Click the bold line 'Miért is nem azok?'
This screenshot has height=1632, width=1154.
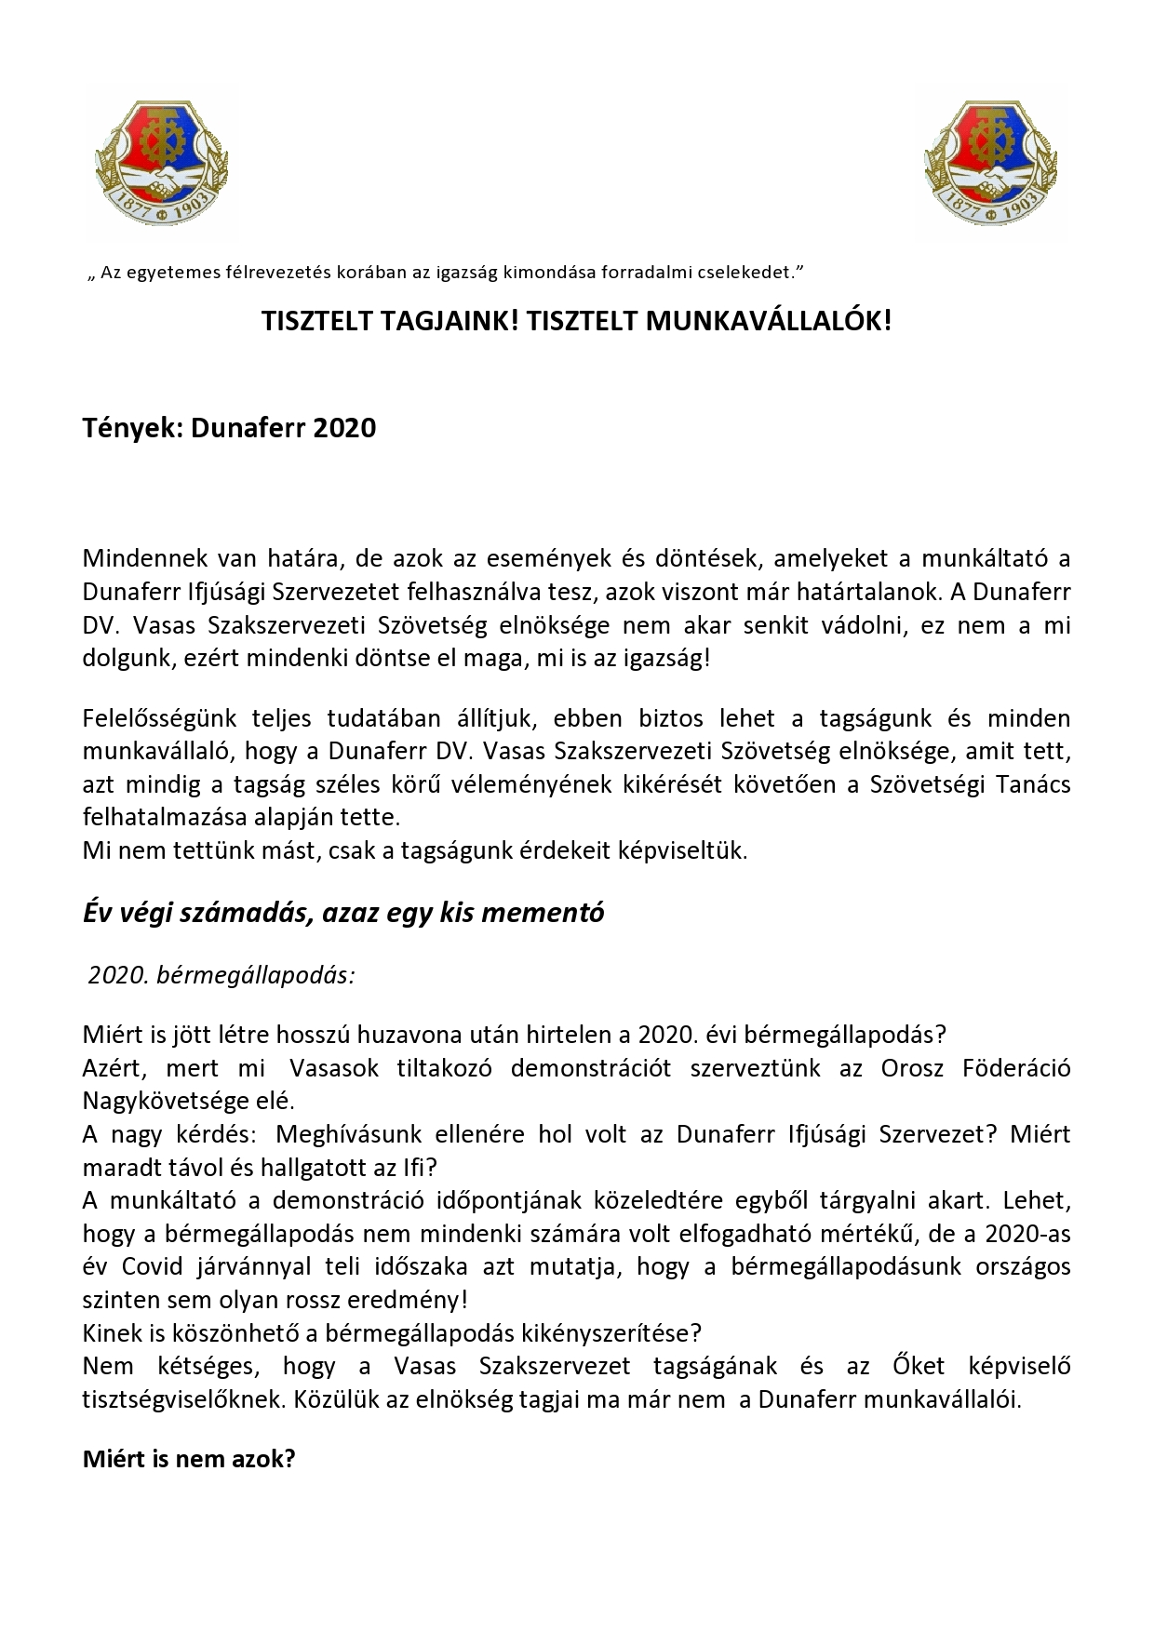[189, 1459]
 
